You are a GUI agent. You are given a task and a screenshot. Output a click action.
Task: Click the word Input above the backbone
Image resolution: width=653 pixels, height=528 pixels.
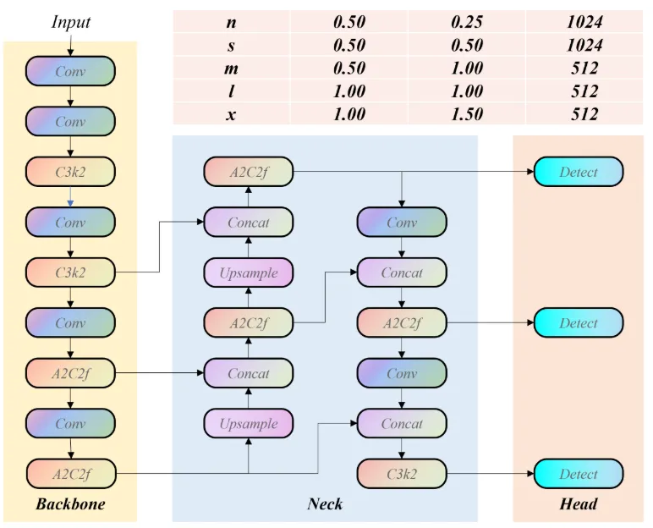pyautogui.click(x=70, y=22)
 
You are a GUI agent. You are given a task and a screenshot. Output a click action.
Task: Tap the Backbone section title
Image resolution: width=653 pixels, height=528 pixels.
pyautogui.click(x=70, y=503)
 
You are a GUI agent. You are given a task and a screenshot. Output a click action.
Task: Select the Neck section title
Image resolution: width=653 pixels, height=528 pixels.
pyautogui.click(x=325, y=503)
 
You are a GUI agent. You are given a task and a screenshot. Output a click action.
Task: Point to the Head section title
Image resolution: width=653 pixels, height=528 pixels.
pyautogui.click(x=578, y=503)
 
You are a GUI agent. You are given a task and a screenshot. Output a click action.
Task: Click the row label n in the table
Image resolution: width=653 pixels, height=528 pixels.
pyautogui.click(x=231, y=22)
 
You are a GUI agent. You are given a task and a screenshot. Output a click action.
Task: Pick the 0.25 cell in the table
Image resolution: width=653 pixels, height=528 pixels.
pyautogui.click(x=467, y=22)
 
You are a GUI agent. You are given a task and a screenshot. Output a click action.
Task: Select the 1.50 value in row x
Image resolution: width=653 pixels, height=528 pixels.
pyautogui.click(x=467, y=113)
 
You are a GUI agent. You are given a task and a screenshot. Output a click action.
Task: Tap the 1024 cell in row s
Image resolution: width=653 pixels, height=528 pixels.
pyautogui.click(x=584, y=45)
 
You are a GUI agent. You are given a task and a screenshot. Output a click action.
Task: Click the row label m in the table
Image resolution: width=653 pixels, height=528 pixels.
pyautogui.click(x=231, y=69)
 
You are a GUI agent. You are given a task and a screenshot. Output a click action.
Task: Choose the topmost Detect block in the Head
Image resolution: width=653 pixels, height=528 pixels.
pyautogui.click(x=579, y=172)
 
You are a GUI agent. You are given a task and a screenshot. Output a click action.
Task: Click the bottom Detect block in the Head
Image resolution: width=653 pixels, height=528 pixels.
pyautogui.click(x=579, y=474)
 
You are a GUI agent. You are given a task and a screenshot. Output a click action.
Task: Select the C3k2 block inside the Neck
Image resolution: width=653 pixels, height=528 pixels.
pyautogui.click(x=402, y=474)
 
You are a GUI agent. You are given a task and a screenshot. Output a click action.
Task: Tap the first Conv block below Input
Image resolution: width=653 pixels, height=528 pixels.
pyautogui.click(x=70, y=71)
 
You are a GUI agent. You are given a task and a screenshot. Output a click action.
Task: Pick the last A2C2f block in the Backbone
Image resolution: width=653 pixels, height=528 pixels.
pyautogui.click(x=71, y=474)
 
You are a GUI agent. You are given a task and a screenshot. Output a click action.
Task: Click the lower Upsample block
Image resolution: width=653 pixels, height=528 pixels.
pyautogui.click(x=249, y=423)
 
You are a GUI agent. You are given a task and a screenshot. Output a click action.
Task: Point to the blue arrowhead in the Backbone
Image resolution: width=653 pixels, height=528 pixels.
pyautogui.click(x=70, y=203)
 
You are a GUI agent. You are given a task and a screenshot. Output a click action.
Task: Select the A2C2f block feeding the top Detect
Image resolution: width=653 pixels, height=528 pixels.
pyautogui.click(x=249, y=172)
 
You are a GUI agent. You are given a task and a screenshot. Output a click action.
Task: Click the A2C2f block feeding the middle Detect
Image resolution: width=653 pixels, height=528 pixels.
pyautogui.click(x=402, y=323)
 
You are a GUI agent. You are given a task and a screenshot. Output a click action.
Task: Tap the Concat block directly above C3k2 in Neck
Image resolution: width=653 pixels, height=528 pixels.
pyautogui.click(x=402, y=423)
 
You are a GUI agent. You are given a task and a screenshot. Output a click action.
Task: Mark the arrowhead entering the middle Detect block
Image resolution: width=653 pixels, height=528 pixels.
pyautogui.click(x=530, y=322)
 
